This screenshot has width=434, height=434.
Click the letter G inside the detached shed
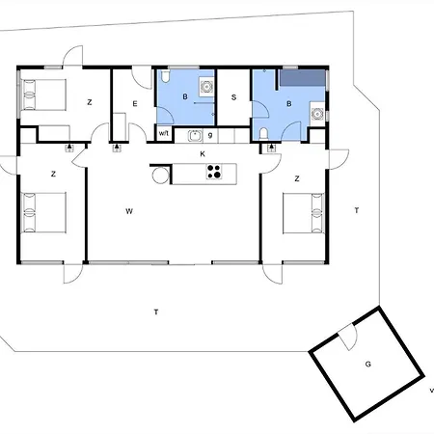368,365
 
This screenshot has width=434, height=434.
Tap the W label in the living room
129,211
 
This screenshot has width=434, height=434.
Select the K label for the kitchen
203,154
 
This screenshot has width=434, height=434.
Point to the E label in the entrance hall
135,104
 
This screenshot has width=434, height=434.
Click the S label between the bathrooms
233,97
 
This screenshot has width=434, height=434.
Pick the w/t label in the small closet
164,133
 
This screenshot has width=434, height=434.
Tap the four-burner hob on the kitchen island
214,172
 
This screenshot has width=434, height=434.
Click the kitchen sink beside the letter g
195,136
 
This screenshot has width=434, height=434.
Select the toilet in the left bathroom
165,76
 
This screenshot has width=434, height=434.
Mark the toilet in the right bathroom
263,133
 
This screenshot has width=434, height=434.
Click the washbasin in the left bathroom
205,87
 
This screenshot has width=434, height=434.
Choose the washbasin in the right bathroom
317,114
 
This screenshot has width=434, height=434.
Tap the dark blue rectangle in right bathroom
302,78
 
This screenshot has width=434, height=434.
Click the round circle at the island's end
161,176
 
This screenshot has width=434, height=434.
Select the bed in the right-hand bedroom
304,213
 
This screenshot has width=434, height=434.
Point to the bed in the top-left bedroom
43,95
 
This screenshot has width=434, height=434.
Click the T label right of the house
357,210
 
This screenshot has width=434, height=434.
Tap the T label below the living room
156,312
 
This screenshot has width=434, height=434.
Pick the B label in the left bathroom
185,96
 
